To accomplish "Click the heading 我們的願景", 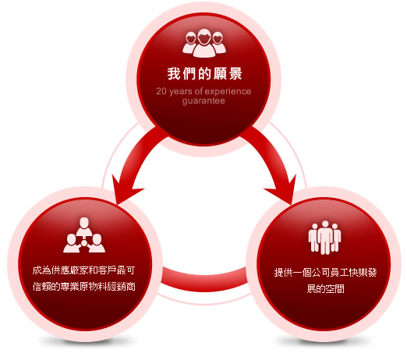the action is pyautogui.click(x=204, y=73).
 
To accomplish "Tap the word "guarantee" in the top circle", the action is pyautogui.click(x=203, y=101).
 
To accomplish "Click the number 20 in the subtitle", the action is pyautogui.click(x=161, y=91).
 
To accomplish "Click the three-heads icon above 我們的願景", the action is pyautogui.click(x=204, y=43).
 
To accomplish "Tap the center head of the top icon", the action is pyautogui.click(x=204, y=43).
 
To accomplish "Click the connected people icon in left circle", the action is pyautogui.click(x=84, y=235).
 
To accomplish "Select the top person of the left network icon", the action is pyautogui.click(x=84, y=227).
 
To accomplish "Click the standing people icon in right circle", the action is pyautogui.click(x=325, y=238).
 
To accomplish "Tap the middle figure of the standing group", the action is pyautogui.click(x=325, y=238).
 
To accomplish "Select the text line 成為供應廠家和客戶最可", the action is pyautogui.click(x=83, y=270).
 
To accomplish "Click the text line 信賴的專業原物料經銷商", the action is pyautogui.click(x=83, y=287).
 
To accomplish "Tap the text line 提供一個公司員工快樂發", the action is pyautogui.click(x=325, y=273).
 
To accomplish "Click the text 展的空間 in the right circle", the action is pyautogui.click(x=325, y=288).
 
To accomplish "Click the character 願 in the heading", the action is pyautogui.click(x=220, y=73).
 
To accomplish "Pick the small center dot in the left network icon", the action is pyautogui.click(x=84, y=243).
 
